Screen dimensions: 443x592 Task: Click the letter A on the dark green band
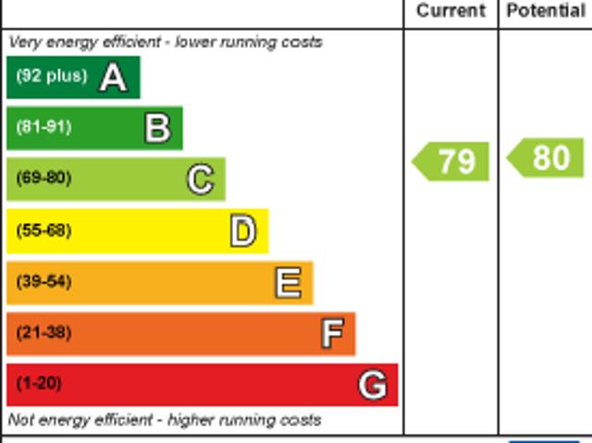(x=113, y=78)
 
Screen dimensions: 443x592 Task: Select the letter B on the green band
(x=157, y=129)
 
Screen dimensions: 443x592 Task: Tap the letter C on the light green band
(x=200, y=179)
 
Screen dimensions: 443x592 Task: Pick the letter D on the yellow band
(x=242, y=231)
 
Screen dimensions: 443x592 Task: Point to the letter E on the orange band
(x=288, y=283)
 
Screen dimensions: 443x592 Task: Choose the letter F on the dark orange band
(x=332, y=334)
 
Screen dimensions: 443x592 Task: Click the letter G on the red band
(x=372, y=385)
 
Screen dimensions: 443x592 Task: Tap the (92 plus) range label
(x=51, y=76)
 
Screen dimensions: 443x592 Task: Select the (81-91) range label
(x=43, y=127)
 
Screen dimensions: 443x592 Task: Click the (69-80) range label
(x=43, y=178)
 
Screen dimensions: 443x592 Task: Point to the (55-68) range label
(x=43, y=230)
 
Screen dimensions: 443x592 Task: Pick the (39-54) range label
(x=43, y=281)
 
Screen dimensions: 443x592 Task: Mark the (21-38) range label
(x=43, y=332)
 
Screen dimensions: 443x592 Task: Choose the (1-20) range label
(x=40, y=383)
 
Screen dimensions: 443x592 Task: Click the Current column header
(x=450, y=11)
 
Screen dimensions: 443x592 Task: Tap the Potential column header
(x=546, y=11)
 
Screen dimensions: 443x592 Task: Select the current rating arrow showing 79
(x=451, y=161)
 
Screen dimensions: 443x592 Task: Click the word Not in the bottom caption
(x=20, y=420)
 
